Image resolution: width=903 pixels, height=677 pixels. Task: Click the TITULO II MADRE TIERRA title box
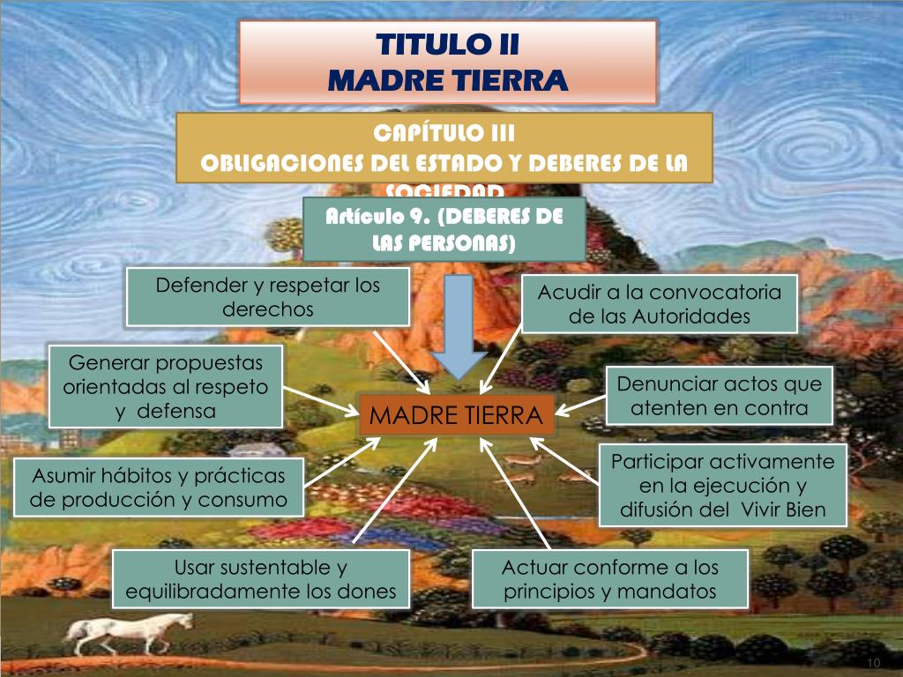448,63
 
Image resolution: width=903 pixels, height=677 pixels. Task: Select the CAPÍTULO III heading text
444,133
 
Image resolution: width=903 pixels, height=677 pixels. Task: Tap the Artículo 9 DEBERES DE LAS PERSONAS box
444,228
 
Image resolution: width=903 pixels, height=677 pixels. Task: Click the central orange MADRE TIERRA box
456,415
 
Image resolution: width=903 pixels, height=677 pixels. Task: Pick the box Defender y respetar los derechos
268,297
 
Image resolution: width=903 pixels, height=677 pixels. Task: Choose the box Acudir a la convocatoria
660,303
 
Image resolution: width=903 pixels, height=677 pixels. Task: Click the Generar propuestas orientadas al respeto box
166,386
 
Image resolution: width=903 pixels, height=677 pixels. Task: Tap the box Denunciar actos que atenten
720,396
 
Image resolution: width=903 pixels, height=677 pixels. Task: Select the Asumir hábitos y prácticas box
160,487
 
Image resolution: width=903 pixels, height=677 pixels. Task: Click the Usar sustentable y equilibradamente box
261,579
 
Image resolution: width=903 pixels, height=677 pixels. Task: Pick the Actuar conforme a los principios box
610,579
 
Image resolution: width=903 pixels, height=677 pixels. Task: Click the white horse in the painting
128,630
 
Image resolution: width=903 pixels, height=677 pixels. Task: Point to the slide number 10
874,664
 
